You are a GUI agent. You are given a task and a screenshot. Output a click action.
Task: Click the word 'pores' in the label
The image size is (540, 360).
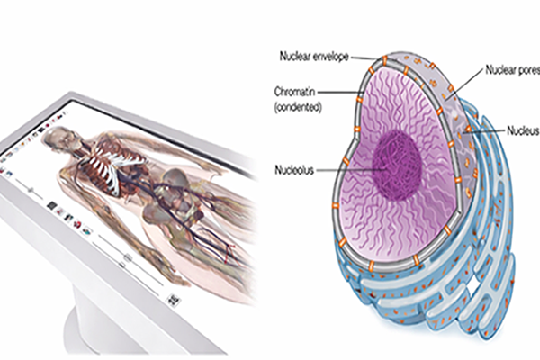click(526, 68)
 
